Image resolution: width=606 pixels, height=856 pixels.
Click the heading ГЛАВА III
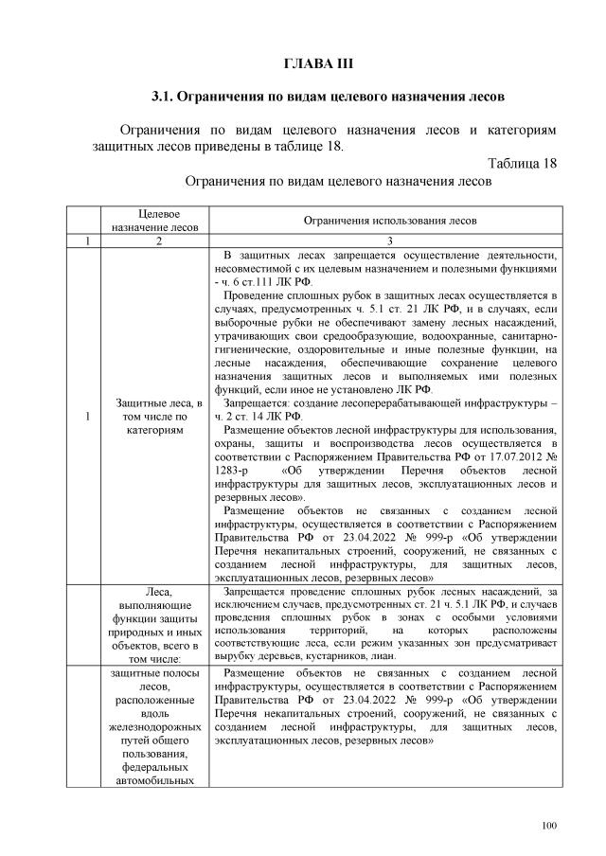pos(318,63)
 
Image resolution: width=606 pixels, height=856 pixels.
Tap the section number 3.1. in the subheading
pos(168,97)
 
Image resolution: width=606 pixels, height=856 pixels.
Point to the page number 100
pos(549,827)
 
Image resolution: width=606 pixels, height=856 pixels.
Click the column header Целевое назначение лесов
pos(159,221)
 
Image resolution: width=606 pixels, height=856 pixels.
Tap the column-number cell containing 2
pos(159,242)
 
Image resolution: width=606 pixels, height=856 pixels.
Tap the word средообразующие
pos(349,335)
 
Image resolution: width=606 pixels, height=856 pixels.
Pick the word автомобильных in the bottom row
pos(159,780)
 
